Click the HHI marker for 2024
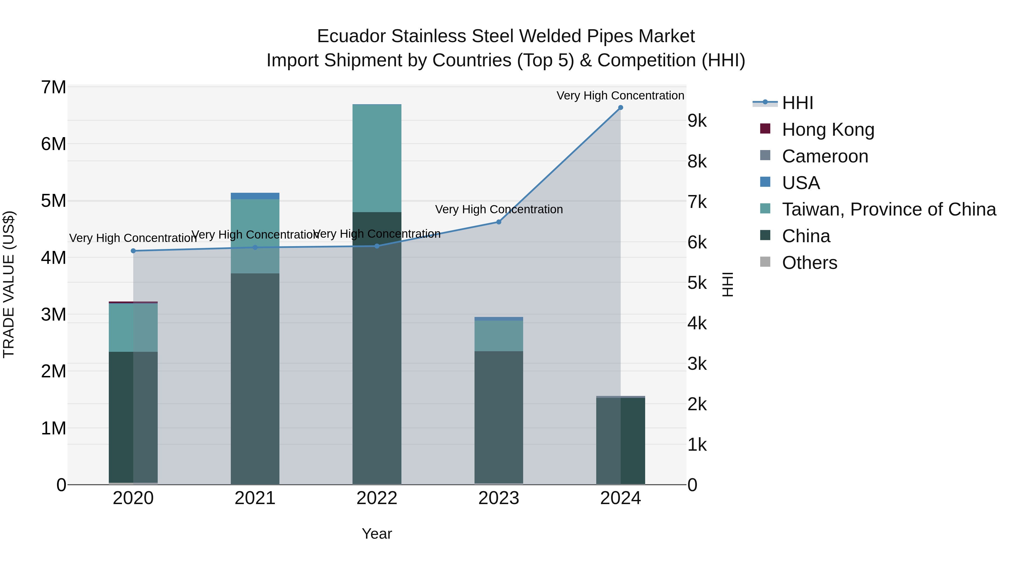tap(620, 108)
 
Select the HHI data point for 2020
tap(133, 251)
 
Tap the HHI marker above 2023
tap(498, 222)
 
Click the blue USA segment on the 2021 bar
tap(255, 196)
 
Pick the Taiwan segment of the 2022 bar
tap(377, 158)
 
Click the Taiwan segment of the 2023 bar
tap(498, 336)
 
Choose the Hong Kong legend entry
tap(828, 130)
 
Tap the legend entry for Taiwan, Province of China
tap(889, 209)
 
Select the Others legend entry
tap(809, 263)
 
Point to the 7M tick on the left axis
tap(54, 87)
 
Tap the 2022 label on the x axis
tap(377, 498)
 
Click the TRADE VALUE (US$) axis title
tap(9, 284)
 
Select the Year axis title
tap(377, 534)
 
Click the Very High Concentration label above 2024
tap(620, 96)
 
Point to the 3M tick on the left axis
tap(54, 314)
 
